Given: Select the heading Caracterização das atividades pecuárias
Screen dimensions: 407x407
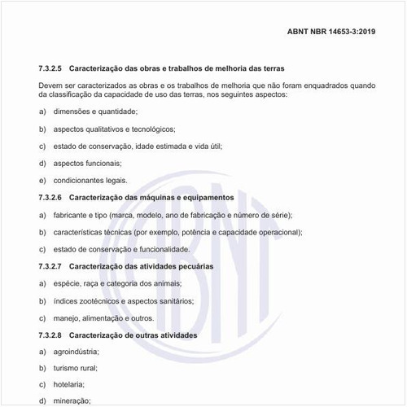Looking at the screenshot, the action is [x=153, y=266].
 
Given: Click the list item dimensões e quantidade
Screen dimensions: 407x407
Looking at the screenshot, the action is [x=95, y=111].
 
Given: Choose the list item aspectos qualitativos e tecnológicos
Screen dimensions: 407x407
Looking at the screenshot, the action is [x=114, y=129].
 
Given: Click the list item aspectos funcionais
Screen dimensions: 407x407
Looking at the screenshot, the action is [x=87, y=163].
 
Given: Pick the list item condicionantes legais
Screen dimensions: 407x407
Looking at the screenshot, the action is [x=90, y=180].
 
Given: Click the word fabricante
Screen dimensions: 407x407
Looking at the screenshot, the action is [x=70, y=214].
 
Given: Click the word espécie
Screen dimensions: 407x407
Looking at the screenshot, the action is [x=66, y=282].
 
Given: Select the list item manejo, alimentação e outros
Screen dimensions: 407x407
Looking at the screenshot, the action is [x=103, y=317].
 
